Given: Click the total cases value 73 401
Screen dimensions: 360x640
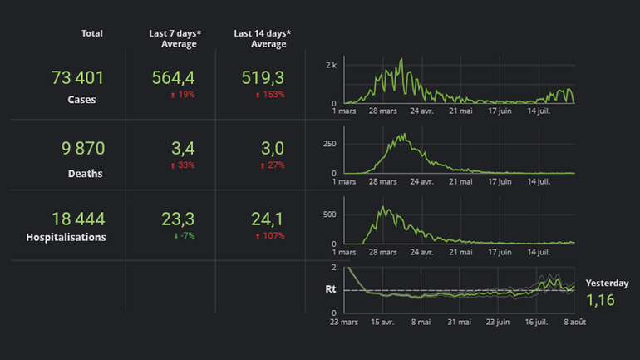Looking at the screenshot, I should [77, 78].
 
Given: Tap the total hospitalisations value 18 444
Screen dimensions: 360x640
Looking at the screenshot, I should [78, 219].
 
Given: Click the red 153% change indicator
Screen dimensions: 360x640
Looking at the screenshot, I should [269, 95].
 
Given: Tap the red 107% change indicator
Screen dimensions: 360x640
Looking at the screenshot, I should [269, 236].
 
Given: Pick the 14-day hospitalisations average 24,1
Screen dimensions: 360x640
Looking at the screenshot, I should [268, 219].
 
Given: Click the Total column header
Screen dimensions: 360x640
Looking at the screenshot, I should [92, 33].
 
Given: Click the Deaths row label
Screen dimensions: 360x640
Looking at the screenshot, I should [86, 175].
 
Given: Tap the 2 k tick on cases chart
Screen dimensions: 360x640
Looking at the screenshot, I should [330, 65].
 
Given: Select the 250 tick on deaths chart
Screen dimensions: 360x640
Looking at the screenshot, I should [328, 143].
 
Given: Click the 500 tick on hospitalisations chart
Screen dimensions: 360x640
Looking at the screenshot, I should [328, 214].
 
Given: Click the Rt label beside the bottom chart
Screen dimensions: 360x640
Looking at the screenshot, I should [331, 289].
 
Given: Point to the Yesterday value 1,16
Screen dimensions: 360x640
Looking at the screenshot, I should [601, 300].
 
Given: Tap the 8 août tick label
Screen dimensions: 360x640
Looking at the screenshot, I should [574, 321].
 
